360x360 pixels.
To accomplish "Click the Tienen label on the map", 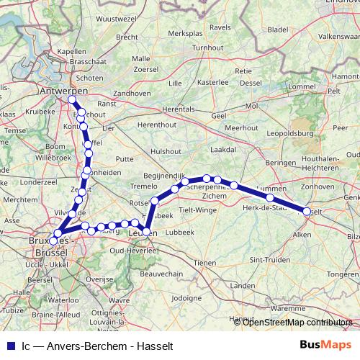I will click(205, 263).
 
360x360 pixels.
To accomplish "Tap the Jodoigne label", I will click(187, 297).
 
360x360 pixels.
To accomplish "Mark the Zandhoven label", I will click(132, 94).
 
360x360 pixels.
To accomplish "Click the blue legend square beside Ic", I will click(9, 346).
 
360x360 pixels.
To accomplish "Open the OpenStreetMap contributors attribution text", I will click(297, 323).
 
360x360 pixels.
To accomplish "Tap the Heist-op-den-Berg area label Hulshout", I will click(166, 151).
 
